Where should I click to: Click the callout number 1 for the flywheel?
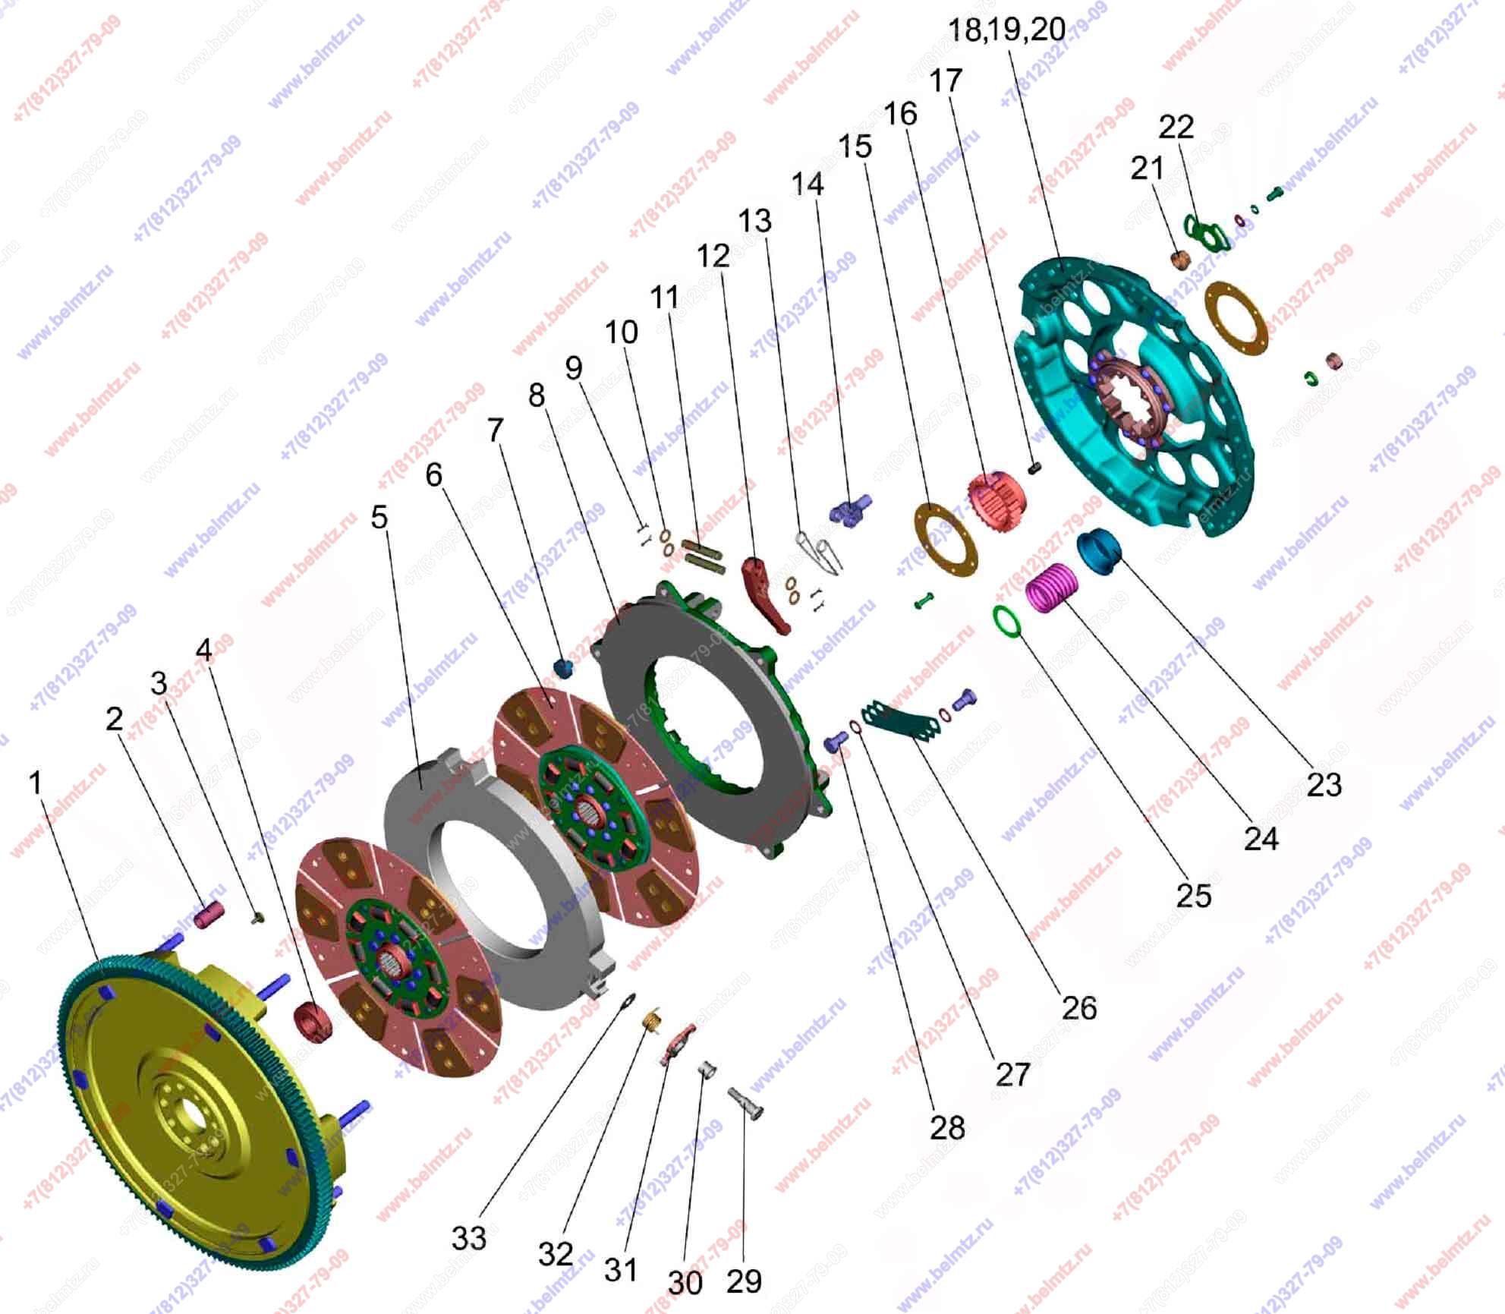(35, 783)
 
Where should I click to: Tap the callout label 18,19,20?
(1006, 30)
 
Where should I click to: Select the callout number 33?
(468, 1238)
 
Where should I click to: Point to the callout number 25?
(1193, 896)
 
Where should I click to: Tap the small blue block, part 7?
(562, 668)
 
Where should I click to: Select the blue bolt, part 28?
(835, 740)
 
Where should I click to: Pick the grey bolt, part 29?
(746, 1104)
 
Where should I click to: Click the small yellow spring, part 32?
(651, 1021)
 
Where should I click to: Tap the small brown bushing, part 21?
(1180, 260)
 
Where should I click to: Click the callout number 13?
(755, 221)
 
